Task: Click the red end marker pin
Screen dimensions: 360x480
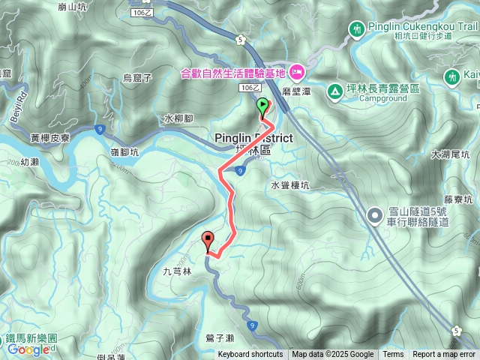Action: click(x=208, y=241)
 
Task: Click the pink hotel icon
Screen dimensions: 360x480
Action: click(x=296, y=73)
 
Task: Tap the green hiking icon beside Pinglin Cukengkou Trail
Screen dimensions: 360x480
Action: click(x=357, y=28)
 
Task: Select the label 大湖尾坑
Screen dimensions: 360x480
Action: click(x=450, y=155)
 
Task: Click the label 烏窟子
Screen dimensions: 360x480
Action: click(x=137, y=77)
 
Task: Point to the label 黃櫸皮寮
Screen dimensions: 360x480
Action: click(x=51, y=138)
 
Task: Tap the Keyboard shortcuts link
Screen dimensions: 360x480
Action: click(x=250, y=355)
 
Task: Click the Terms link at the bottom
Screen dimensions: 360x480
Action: click(x=393, y=355)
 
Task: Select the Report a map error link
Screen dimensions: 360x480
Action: click(x=444, y=355)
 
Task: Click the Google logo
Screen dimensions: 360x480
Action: click(x=28, y=349)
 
